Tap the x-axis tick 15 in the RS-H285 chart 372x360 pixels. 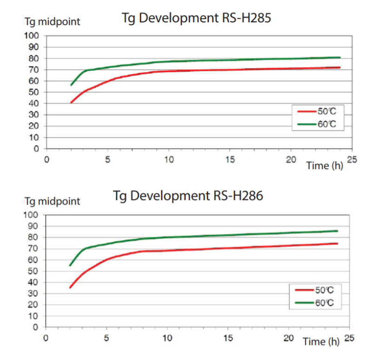pyautogui.click(x=230, y=159)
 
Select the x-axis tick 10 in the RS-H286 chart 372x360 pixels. pyautogui.click(x=168, y=337)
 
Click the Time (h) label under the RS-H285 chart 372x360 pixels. pyautogui.click(x=325, y=165)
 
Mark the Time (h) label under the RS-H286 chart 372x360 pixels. pyautogui.click(x=321, y=342)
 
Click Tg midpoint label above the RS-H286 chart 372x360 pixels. pyautogui.click(x=52, y=201)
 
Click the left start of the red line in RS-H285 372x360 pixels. pyautogui.click(x=71, y=103)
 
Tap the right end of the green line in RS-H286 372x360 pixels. pyautogui.click(x=337, y=231)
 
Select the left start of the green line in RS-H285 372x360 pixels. pyautogui.click(x=71, y=85)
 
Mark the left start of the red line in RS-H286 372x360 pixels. pyautogui.click(x=70, y=288)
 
